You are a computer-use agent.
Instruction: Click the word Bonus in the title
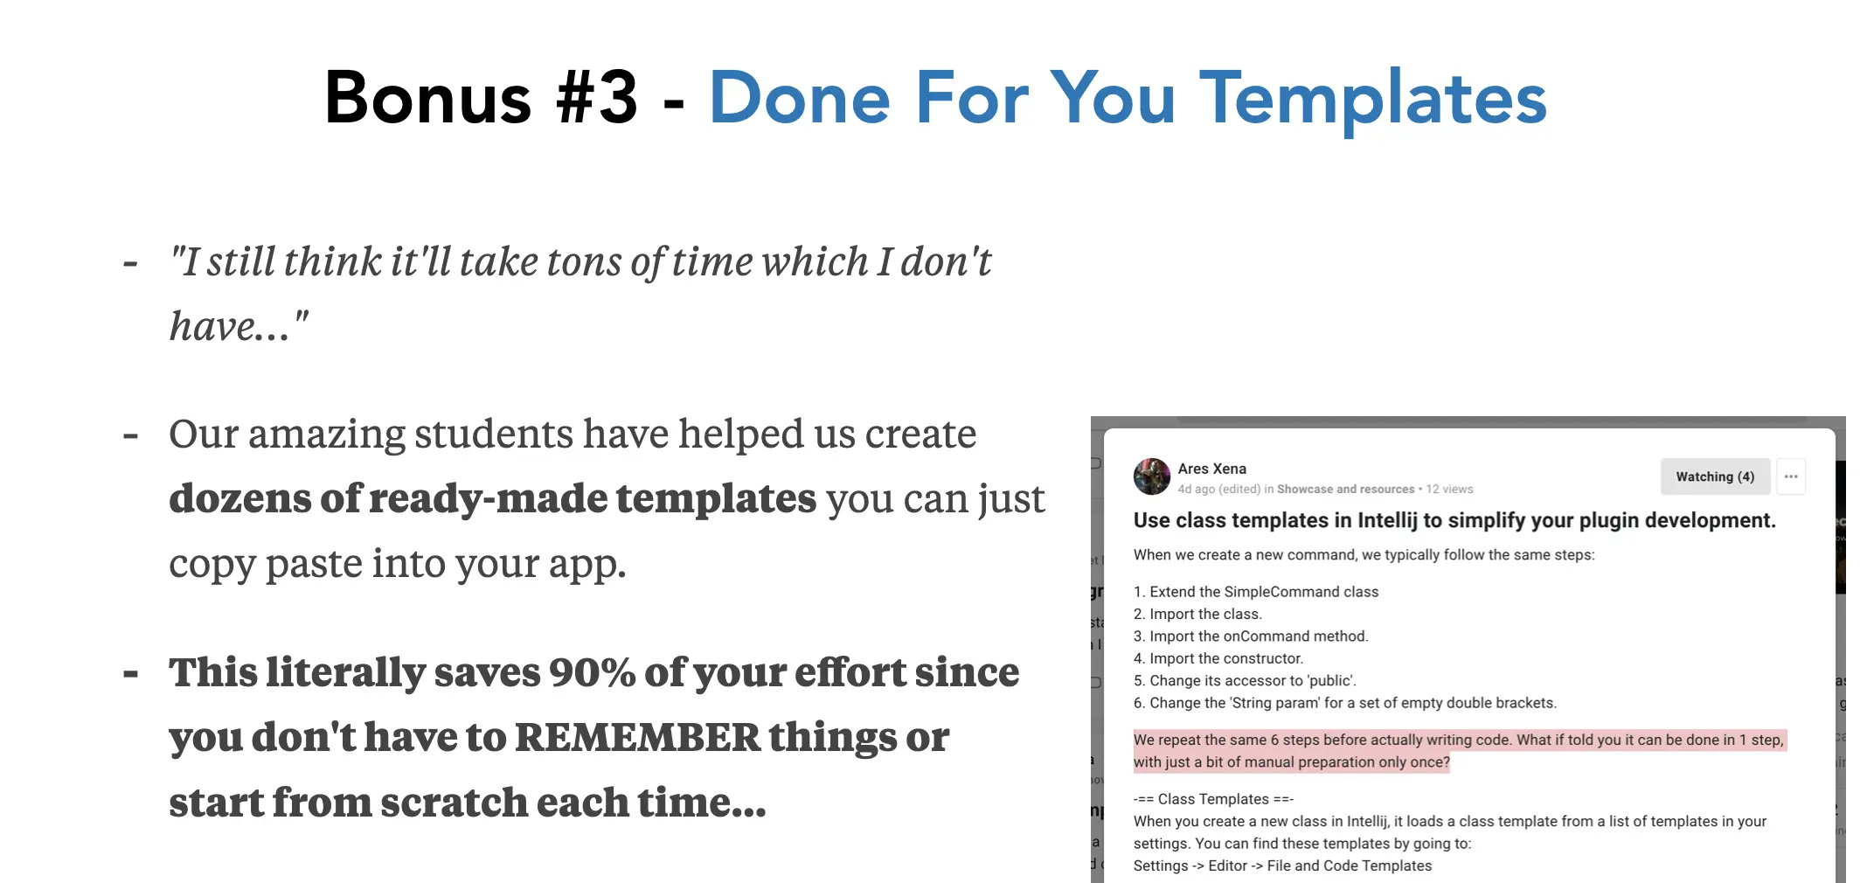pyautogui.click(x=427, y=97)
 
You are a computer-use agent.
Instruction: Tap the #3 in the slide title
pyautogui.click(x=597, y=97)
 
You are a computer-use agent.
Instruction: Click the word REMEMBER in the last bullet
pyautogui.click(x=638, y=737)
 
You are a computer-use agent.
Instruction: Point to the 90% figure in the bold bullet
pyautogui.click(x=592, y=672)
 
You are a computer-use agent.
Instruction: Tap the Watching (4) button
pyautogui.click(x=1715, y=476)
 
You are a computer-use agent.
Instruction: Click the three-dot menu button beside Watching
pyautogui.click(x=1791, y=476)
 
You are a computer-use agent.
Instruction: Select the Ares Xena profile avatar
pyautogui.click(x=1152, y=476)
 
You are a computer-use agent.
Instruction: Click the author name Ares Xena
pyautogui.click(x=1211, y=469)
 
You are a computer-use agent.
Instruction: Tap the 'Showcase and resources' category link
pyautogui.click(x=1345, y=490)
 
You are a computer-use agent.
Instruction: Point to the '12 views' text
pyautogui.click(x=1449, y=490)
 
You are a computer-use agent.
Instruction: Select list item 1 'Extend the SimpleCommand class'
pyautogui.click(x=1256, y=592)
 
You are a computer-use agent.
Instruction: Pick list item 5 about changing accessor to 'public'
pyautogui.click(x=1245, y=680)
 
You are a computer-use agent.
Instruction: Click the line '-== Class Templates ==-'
pyautogui.click(x=1213, y=799)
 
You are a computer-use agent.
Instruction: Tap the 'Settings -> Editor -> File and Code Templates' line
pyautogui.click(x=1282, y=866)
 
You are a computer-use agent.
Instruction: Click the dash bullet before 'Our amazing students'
pyautogui.click(x=131, y=435)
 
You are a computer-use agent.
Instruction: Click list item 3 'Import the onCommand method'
pyautogui.click(x=1251, y=636)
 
